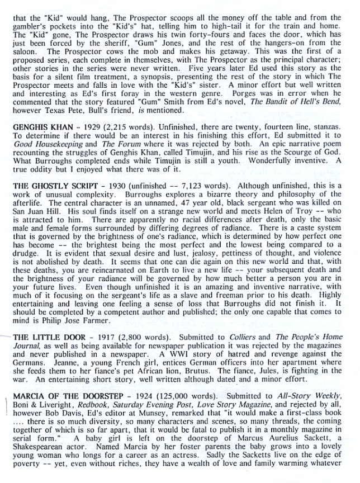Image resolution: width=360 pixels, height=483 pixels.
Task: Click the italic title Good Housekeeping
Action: [42, 146]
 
